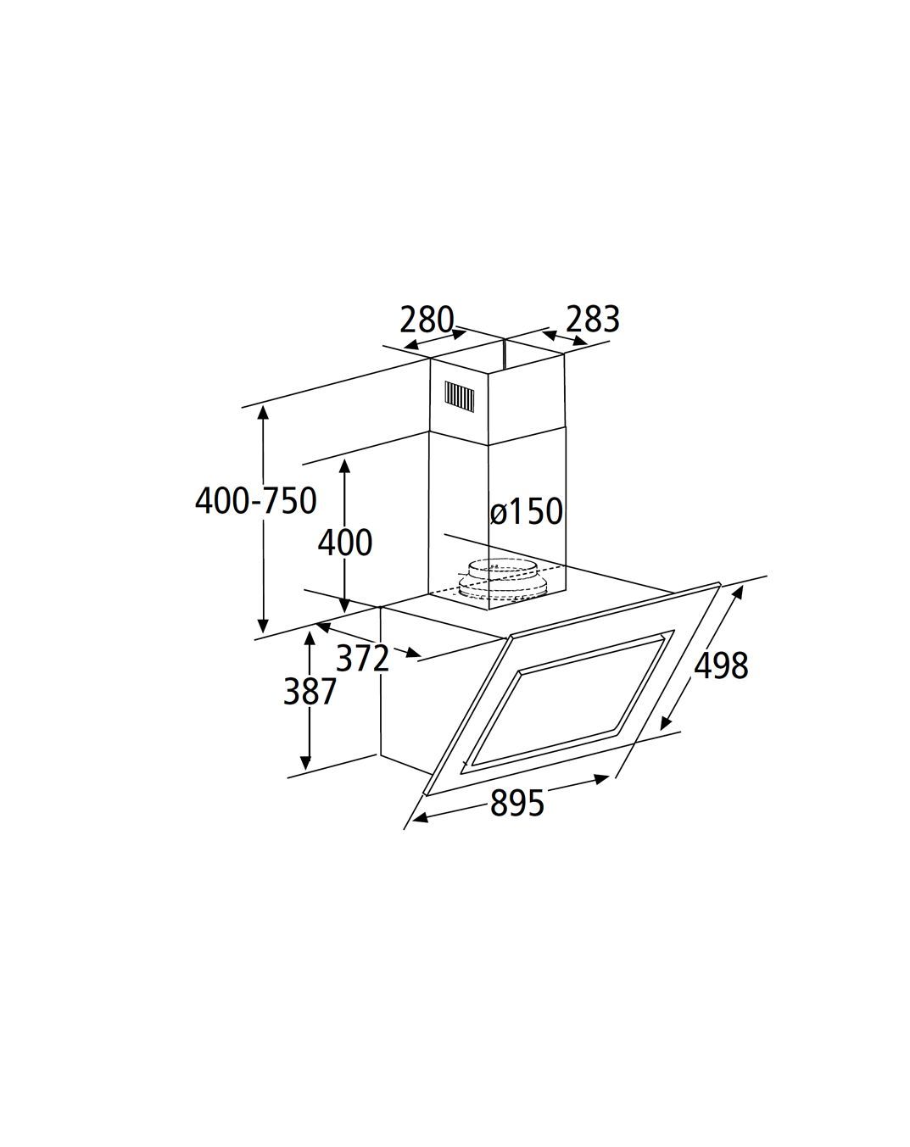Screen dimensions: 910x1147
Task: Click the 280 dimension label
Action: click(x=427, y=320)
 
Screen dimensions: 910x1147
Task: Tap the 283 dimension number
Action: click(x=593, y=320)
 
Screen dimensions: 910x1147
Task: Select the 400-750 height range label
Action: click(x=256, y=501)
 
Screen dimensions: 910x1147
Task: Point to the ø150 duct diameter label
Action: click(x=527, y=511)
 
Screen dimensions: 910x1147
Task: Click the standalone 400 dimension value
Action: click(x=344, y=543)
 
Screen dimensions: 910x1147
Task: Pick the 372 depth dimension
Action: click(x=362, y=658)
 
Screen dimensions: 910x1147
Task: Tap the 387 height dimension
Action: click(x=310, y=691)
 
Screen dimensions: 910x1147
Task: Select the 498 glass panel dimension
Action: click(x=721, y=665)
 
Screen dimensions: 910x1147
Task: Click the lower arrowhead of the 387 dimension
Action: click(x=305, y=763)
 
